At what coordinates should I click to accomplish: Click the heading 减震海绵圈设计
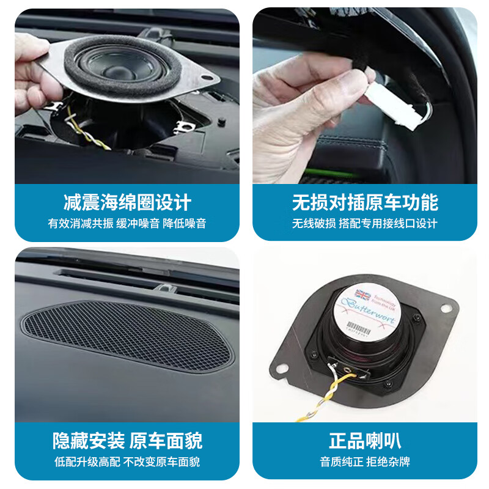127,202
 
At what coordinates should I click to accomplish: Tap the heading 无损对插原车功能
365,202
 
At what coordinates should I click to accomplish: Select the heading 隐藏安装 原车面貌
127,440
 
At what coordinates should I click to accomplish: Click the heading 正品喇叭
365,441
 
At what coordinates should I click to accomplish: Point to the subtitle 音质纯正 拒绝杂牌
365,462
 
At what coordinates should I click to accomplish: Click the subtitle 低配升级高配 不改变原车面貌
127,462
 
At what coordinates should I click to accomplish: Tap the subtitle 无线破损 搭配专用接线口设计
365,224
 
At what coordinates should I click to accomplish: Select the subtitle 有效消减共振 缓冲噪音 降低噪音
127,224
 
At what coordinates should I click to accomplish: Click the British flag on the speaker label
362,295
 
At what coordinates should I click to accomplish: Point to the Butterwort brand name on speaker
374,311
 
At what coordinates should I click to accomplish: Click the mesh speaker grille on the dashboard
127,337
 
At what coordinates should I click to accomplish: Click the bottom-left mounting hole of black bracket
283,369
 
